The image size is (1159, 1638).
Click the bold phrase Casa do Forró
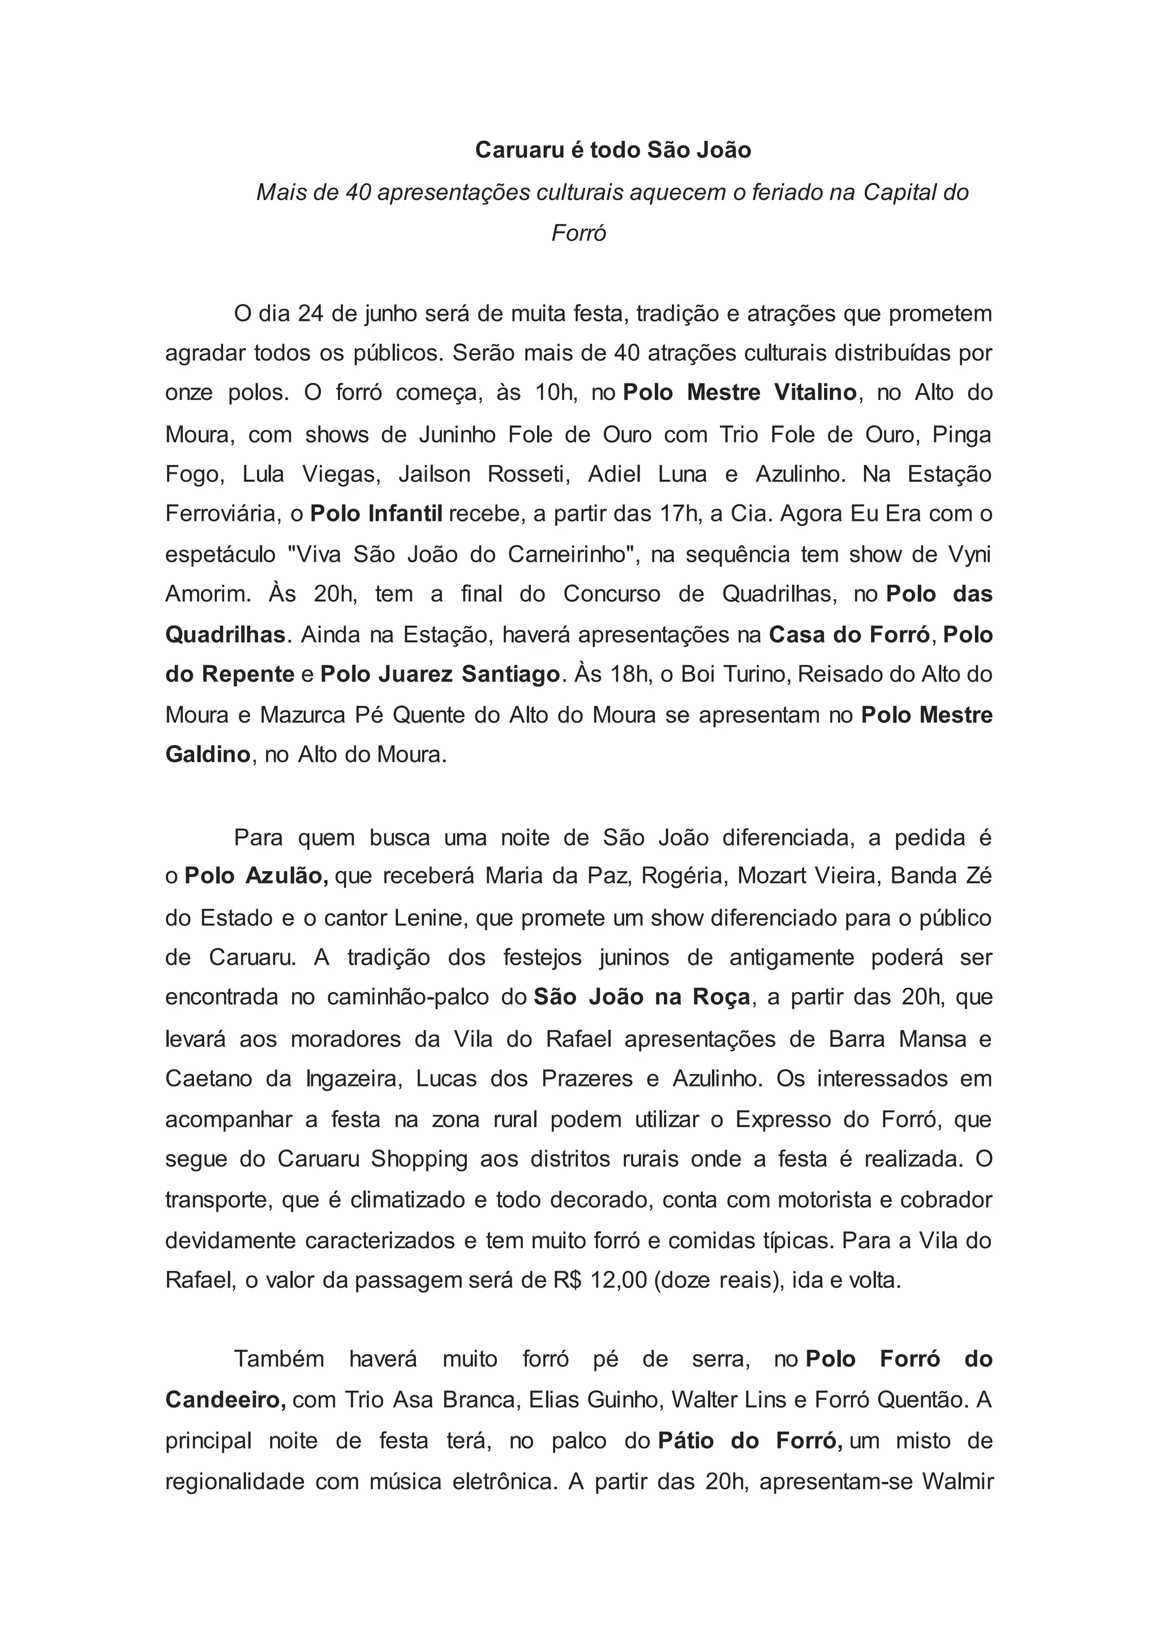pyautogui.click(x=850, y=635)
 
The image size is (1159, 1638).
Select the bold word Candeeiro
pyautogui.click(x=226, y=1400)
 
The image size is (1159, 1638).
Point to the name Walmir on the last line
pyautogui.click(x=957, y=1482)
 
